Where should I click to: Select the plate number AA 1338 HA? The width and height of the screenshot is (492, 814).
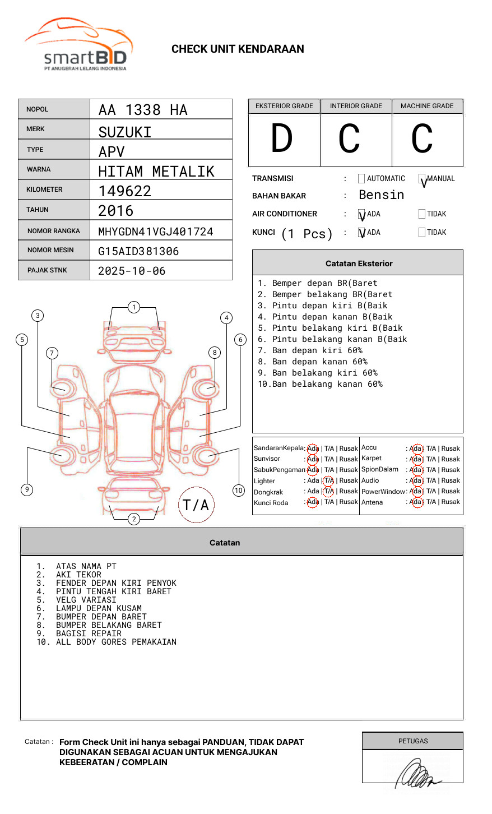(x=143, y=110)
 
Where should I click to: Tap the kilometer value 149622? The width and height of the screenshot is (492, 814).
(x=125, y=191)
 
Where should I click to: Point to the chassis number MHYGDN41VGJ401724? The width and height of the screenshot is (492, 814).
(x=155, y=232)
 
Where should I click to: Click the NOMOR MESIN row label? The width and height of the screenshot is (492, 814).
(x=50, y=250)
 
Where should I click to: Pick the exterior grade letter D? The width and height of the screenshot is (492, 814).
(x=282, y=138)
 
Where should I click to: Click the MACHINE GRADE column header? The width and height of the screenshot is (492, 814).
(x=427, y=106)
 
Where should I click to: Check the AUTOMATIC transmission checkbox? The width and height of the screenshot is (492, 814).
(x=361, y=179)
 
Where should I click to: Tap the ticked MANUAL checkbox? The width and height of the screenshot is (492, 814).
(x=423, y=179)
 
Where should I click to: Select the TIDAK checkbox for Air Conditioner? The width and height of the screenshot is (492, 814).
(x=422, y=214)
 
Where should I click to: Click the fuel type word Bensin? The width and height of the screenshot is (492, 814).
(x=381, y=195)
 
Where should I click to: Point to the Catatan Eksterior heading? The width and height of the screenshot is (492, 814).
(x=359, y=263)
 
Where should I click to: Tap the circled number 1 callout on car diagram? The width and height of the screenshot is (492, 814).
(x=133, y=307)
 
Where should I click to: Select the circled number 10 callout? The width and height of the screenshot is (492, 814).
(x=239, y=491)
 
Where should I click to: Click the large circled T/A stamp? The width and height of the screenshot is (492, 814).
(x=196, y=505)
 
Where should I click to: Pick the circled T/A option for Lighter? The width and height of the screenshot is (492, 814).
(x=328, y=480)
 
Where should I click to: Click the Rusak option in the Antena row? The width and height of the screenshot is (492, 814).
(x=451, y=502)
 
